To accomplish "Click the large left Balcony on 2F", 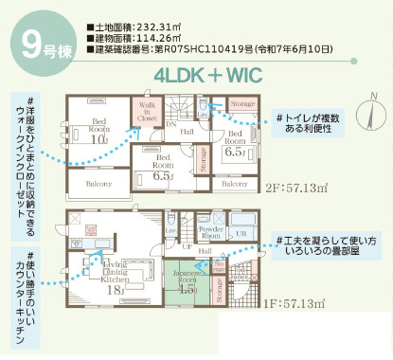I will click(x=98, y=184).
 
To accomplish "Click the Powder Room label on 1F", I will click(x=211, y=233).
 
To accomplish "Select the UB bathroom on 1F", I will click(x=240, y=233).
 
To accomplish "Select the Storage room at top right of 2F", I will click(x=243, y=103).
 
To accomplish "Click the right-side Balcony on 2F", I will click(x=236, y=183).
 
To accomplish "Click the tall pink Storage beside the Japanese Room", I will click(x=220, y=289).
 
